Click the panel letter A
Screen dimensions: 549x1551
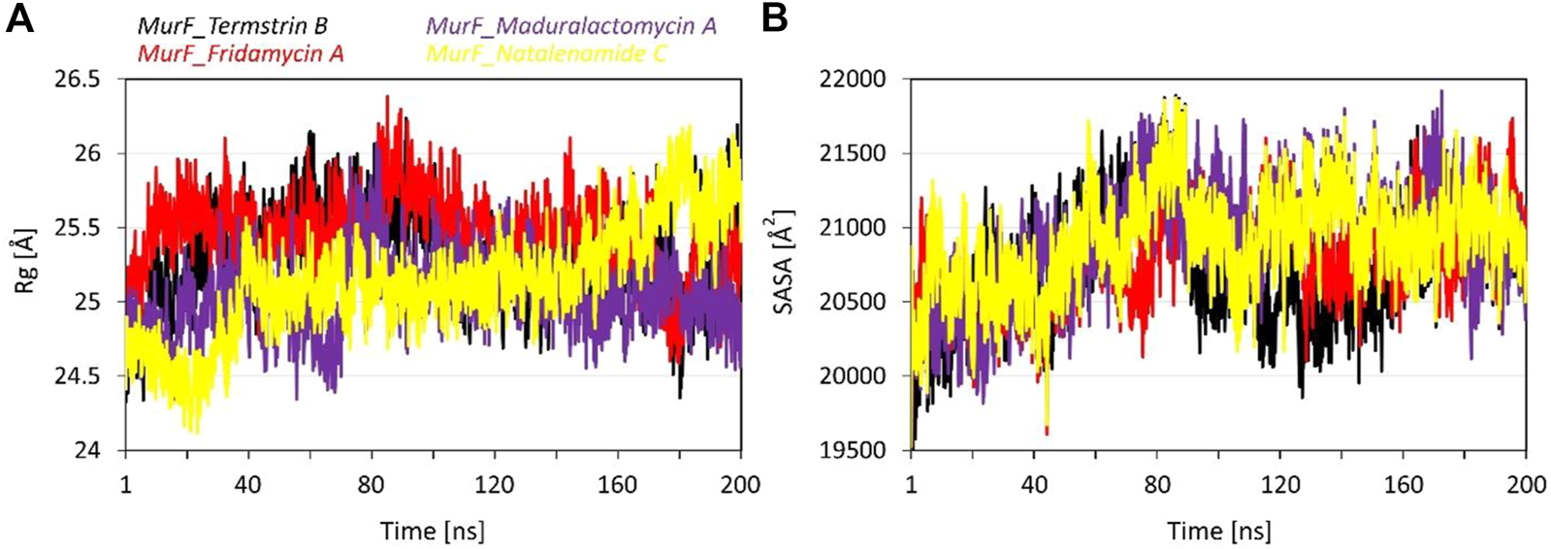coord(19,18)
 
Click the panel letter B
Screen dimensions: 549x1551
coord(774,18)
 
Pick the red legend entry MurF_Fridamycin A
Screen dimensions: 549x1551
coord(241,52)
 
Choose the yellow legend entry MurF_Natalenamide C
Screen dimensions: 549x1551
coord(547,52)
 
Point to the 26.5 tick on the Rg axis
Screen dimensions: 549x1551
coord(78,80)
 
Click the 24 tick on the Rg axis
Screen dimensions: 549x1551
coord(87,450)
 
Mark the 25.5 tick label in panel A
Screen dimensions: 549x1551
coord(78,228)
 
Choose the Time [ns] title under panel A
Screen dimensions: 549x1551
coord(433,531)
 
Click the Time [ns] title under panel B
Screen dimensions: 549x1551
coord(1218,531)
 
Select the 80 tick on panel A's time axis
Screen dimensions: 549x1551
coord(372,483)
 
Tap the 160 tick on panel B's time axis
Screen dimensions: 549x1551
coord(1403,483)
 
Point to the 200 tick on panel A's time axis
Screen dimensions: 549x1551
coord(740,483)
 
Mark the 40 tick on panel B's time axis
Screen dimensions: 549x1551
coord(1034,483)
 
